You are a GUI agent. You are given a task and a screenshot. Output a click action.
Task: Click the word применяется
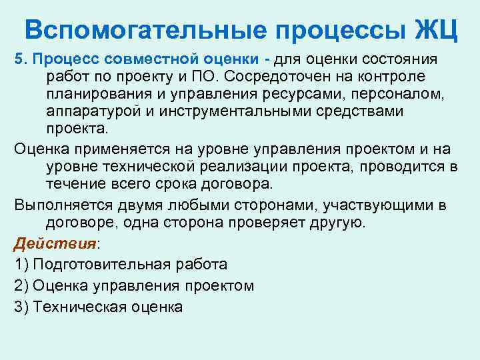coord(113,148)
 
